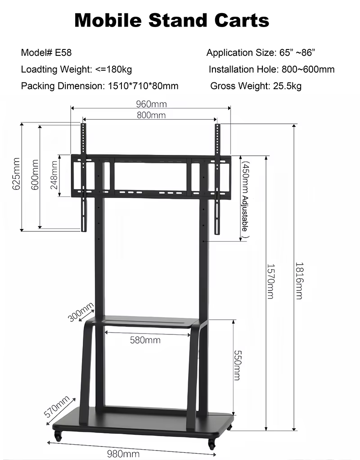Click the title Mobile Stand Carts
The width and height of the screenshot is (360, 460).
(x=172, y=20)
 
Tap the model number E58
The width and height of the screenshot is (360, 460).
(x=63, y=53)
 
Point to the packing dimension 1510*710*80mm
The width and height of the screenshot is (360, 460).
(x=143, y=86)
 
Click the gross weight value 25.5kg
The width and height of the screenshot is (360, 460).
(x=287, y=86)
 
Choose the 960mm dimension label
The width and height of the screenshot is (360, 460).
(x=151, y=104)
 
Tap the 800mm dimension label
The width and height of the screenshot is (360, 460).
(x=151, y=115)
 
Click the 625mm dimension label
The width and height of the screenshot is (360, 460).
(x=17, y=174)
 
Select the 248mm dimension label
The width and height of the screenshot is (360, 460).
(x=54, y=175)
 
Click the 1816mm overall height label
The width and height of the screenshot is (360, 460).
(x=299, y=281)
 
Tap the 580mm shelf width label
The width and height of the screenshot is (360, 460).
(x=145, y=340)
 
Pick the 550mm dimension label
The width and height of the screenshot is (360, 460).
(x=237, y=365)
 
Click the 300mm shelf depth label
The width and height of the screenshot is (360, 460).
(x=81, y=312)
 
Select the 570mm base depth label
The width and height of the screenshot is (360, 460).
(x=57, y=406)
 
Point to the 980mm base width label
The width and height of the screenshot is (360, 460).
(x=123, y=454)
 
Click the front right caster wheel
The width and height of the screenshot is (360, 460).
(x=211, y=444)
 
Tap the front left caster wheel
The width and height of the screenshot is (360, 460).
(x=58, y=436)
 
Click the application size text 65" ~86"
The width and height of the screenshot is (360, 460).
(x=297, y=53)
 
